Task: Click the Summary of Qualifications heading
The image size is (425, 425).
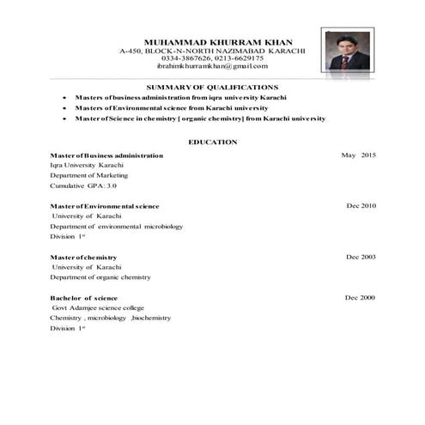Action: pos(212,88)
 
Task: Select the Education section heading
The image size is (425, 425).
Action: pos(213,141)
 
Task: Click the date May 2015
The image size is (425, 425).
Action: pos(358,155)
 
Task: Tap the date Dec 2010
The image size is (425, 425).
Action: pos(361,206)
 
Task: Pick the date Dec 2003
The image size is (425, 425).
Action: pos(361,257)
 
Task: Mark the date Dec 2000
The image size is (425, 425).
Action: pos(361,297)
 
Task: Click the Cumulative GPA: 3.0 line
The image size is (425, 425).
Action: pos(82,185)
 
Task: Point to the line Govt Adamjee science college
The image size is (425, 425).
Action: pos(98,307)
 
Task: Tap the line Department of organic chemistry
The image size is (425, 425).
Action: pos(100,277)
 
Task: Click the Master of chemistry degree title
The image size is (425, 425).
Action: pos(83,257)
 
